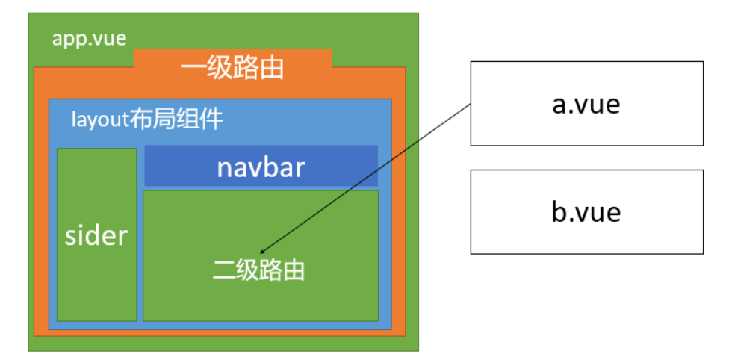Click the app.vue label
(89, 38)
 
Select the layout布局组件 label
(147, 119)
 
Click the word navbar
(261, 167)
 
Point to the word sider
(96, 236)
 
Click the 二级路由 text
(259, 270)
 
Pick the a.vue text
(586, 104)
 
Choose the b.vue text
(586, 212)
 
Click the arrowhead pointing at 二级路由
(262, 251)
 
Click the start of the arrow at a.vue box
(470, 105)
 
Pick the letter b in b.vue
(559, 212)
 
